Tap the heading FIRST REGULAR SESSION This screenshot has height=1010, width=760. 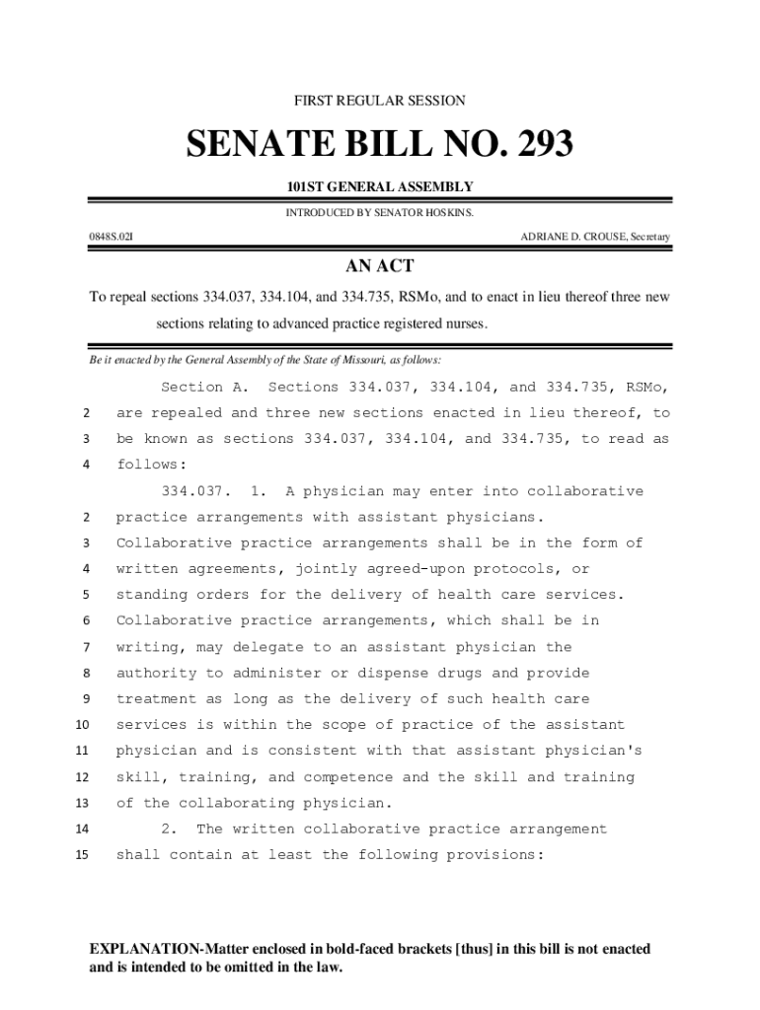[x=380, y=101]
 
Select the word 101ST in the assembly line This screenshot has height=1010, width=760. [x=306, y=186]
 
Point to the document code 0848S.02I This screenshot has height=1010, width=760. [x=111, y=237]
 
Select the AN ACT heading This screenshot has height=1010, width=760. [x=379, y=266]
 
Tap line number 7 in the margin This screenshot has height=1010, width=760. [x=86, y=647]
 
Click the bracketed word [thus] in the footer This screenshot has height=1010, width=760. [x=478, y=949]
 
